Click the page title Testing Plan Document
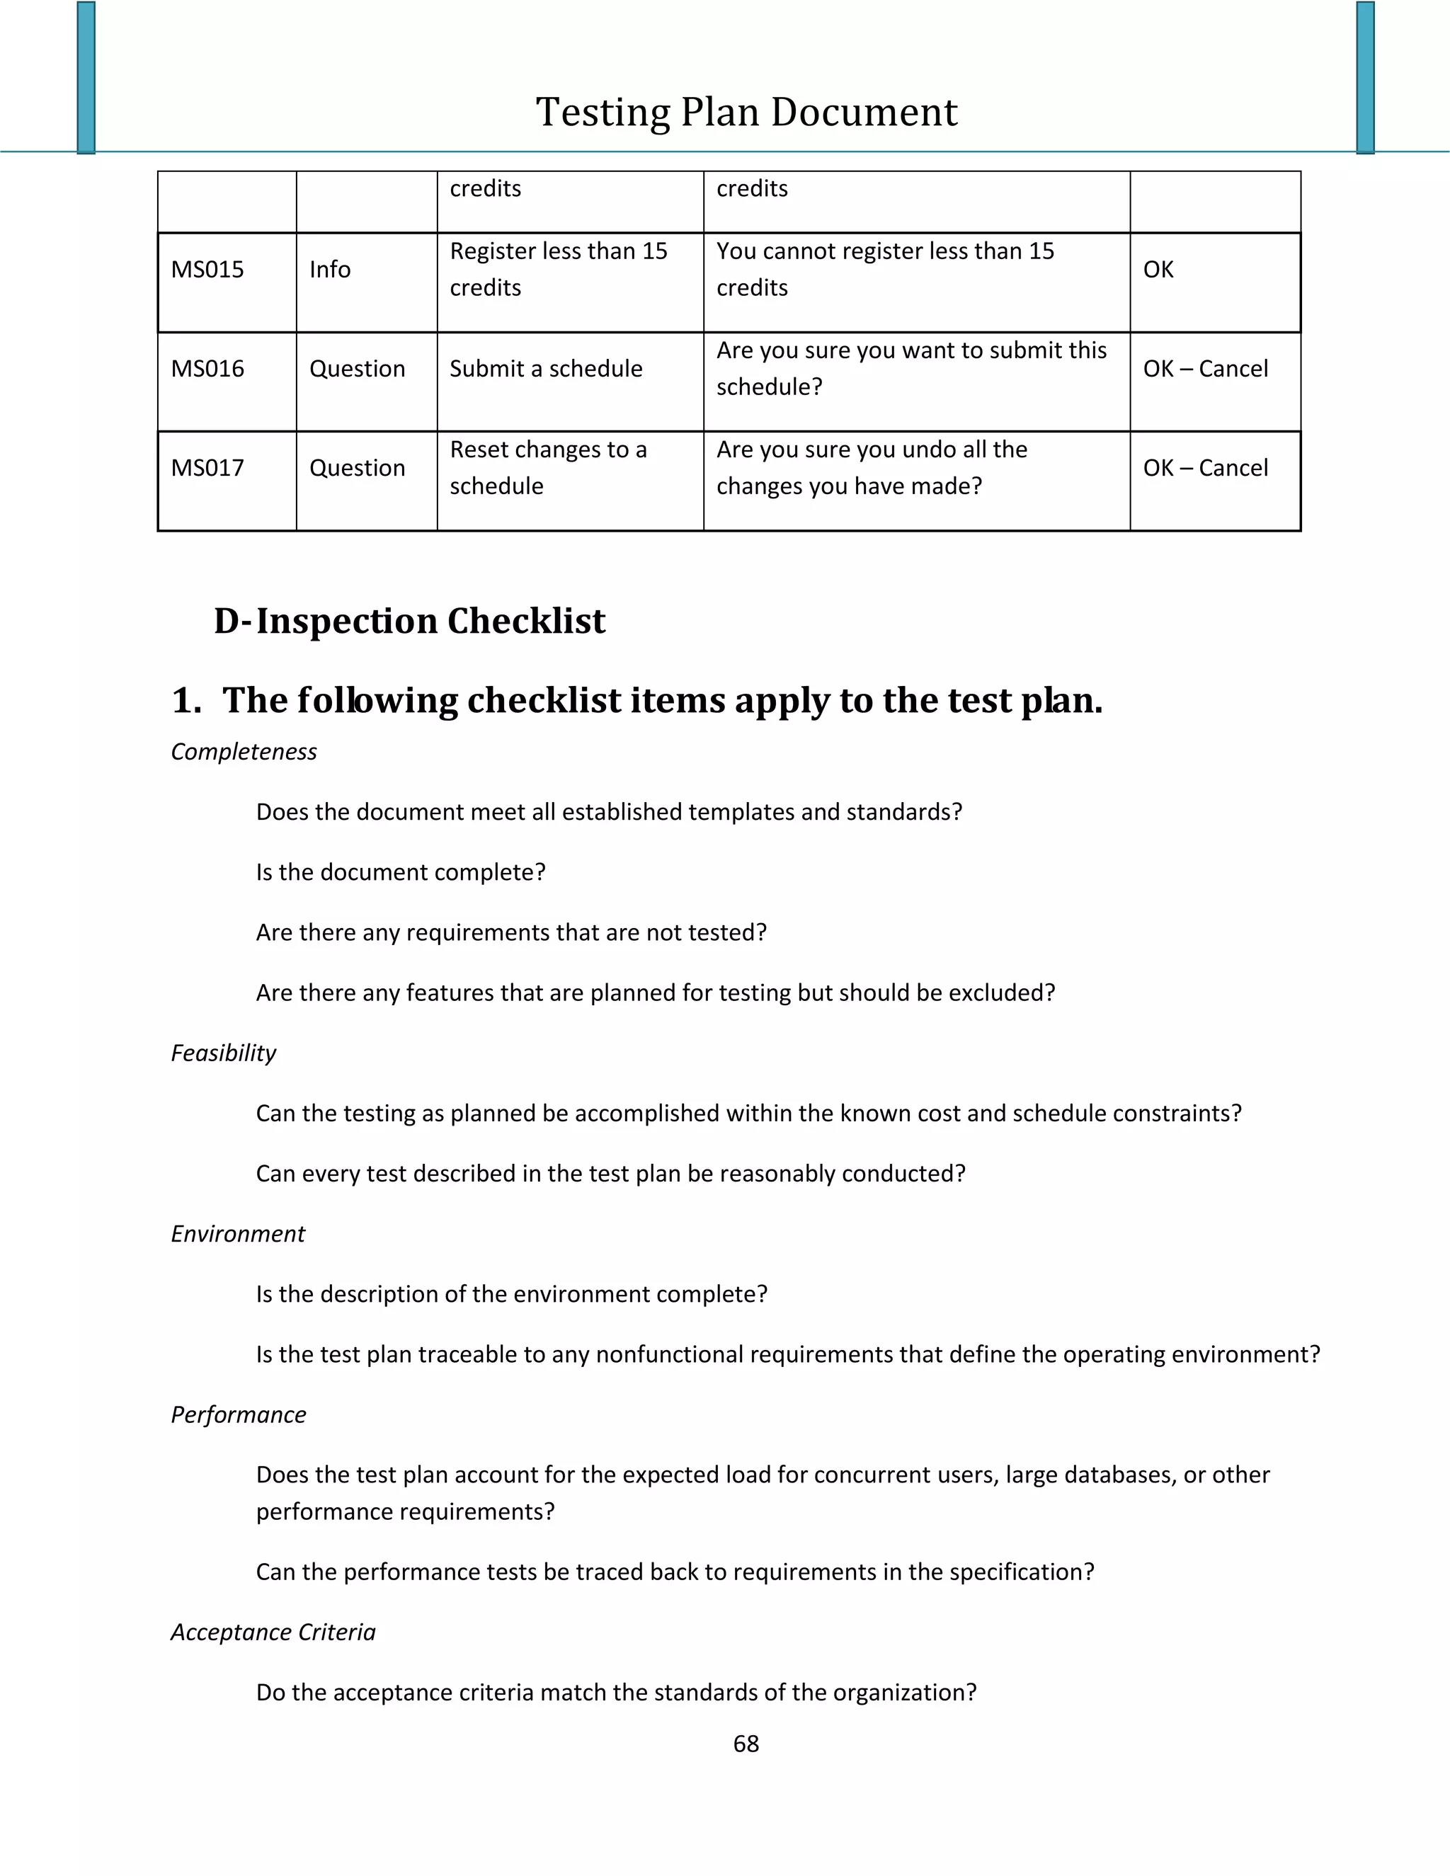(746, 113)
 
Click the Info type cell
(330, 270)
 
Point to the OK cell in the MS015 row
(1158, 270)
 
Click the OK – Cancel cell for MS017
(1204, 468)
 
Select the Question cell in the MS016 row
(357, 370)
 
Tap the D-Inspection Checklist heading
(410, 621)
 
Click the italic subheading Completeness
(244, 752)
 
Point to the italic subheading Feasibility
(223, 1053)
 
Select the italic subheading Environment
(238, 1235)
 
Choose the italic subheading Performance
(239, 1414)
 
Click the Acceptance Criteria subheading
(273, 1632)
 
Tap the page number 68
(746, 1744)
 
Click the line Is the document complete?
(400, 873)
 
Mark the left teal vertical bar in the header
(86, 77)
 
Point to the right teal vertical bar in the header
(1365, 77)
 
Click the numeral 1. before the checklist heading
(185, 701)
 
